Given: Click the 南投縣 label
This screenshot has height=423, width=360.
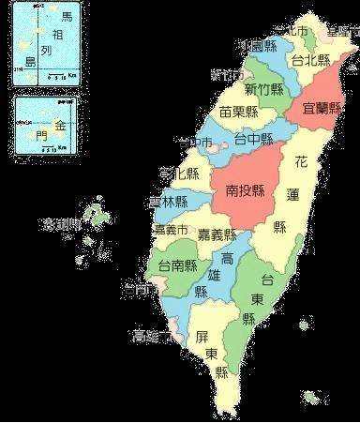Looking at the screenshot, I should point(246,190).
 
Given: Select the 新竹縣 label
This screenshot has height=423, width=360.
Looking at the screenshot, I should point(264,89).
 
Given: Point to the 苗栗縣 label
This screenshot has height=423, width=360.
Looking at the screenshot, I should point(239,113).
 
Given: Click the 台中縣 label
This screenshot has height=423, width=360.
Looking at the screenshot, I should point(253,140).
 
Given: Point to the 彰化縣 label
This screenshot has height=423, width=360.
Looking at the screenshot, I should point(179,173).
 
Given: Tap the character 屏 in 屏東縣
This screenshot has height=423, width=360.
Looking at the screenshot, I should point(202,335).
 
